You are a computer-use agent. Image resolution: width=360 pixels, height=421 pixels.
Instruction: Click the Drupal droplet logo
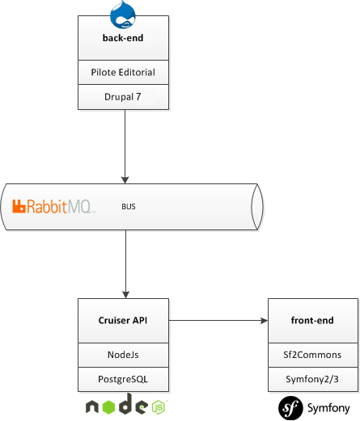[x=123, y=15]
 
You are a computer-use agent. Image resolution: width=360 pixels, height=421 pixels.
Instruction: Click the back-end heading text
[x=123, y=38]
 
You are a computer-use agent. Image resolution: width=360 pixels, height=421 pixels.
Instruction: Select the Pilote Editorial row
[x=123, y=72]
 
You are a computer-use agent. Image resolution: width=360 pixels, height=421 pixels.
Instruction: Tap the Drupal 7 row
[x=123, y=97]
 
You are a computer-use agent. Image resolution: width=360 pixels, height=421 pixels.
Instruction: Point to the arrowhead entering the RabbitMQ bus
[x=125, y=180]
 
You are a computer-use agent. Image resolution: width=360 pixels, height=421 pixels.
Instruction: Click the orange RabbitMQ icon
[x=19, y=206]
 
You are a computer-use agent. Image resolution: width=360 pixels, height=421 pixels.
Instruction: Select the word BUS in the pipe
[x=129, y=207]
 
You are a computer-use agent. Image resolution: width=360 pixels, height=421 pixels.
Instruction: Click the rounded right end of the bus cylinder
[x=257, y=207]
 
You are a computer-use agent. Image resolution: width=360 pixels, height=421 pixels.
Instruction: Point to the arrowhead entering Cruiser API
[x=125, y=295]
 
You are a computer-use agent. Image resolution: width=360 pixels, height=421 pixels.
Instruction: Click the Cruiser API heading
[x=123, y=320]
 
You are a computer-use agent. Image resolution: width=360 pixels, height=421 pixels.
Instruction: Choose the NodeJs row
[x=123, y=355]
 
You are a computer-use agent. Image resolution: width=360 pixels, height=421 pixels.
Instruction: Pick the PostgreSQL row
[x=123, y=379]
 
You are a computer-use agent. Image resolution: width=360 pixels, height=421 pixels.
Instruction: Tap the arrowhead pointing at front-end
[x=264, y=321]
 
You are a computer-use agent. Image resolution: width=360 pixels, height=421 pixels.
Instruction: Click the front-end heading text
[x=312, y=320]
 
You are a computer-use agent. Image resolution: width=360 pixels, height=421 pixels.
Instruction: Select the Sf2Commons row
[x=313, y=355]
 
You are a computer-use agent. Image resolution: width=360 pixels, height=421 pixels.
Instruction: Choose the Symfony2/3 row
[x=313, y=379]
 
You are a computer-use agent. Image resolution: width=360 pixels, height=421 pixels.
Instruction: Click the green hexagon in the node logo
[x=109, y=406]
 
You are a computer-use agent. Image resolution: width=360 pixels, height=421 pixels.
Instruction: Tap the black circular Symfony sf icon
[x=290, y=408]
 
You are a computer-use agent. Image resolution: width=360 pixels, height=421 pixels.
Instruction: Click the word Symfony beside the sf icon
[x=328, y=409]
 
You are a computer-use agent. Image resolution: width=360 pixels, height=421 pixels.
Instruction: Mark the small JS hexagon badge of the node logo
[x=159, y=407]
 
